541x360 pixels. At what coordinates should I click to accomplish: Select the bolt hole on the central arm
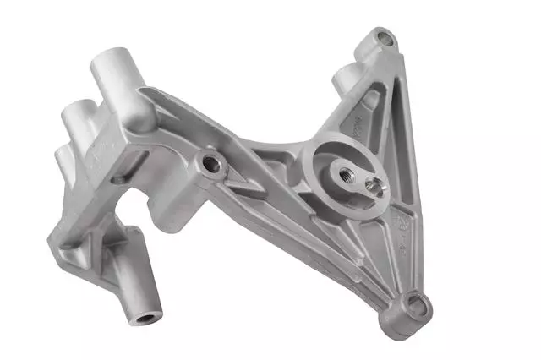click(211, 164)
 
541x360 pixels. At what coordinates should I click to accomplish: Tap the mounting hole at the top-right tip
click(385, 38)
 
